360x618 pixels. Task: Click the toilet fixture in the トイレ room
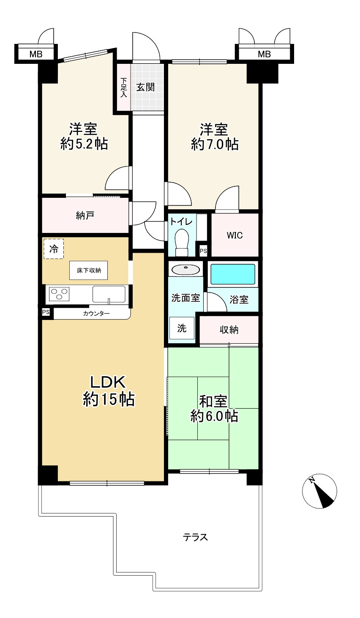[182, 242]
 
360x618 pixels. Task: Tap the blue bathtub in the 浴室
[232, 274]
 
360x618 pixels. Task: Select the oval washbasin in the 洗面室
[185, 269]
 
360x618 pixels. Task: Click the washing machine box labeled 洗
[182, 328]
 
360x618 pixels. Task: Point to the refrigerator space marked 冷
[53, 248]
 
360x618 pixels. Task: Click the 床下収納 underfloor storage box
[88, 270]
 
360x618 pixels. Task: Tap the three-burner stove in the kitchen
[60, 293]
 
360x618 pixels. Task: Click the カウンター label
[96, 313]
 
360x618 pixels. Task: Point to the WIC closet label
[235, 235]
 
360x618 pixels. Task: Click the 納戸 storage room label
[85, 216]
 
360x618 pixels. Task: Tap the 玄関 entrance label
[145, 87]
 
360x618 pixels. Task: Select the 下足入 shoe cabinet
[123, 87]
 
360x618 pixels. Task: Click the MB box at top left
[35, 54]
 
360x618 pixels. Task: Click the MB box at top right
[264, 54]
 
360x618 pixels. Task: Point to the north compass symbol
[319, 491]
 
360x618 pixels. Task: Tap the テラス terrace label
[195, 537]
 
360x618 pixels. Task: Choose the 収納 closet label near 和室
[229, 330]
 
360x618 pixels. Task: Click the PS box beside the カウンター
[46, 312]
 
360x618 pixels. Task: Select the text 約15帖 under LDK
[108, 399]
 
